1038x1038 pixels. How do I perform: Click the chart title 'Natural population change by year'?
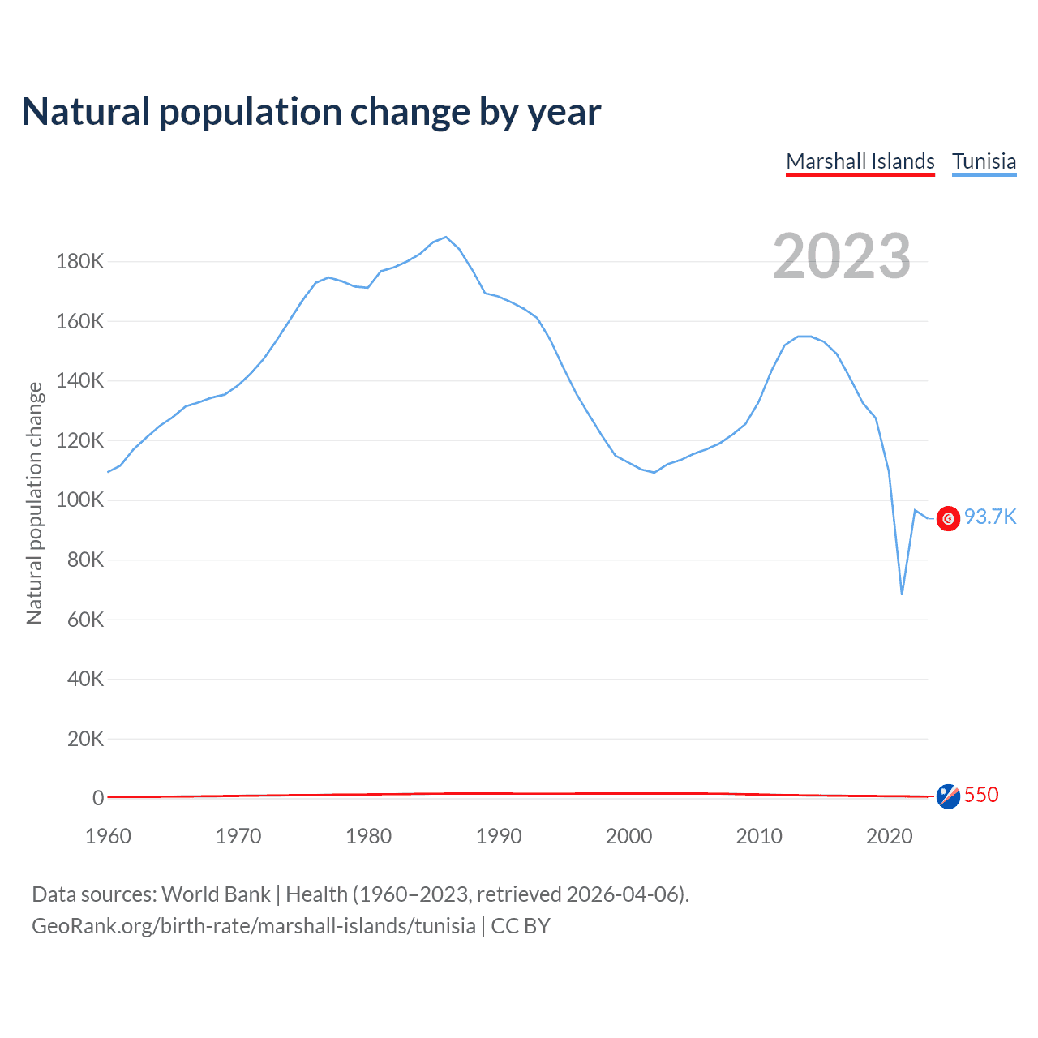pos(311,112)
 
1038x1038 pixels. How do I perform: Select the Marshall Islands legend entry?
pos(860,161)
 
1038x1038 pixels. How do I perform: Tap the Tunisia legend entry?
pos(984,161)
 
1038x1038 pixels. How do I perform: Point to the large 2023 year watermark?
pos(842,256)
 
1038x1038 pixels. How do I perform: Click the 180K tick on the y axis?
pos(80,262)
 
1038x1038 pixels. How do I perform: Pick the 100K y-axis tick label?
pos(80,500)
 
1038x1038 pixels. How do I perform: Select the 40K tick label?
pos(85,679)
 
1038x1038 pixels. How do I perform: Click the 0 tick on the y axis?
pos(98,798)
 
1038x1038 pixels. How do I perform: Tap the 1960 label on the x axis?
pos(108,836)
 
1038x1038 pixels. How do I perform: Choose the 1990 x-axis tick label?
pos(499,836)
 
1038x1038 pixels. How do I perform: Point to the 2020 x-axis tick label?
pos(890,836)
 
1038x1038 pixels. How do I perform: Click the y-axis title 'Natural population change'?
pos(35,503)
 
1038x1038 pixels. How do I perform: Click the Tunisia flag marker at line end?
pos(948,518)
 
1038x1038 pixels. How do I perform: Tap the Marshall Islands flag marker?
pos(948,796)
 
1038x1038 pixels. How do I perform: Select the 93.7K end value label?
pos(990,517)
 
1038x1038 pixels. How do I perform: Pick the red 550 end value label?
pos(981,795)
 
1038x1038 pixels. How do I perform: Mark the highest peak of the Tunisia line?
pos(446,237)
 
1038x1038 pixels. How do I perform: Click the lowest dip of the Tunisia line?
pos(902,594)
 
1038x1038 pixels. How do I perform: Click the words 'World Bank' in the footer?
pos(216,894)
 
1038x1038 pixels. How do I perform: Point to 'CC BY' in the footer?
pos(521,926)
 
